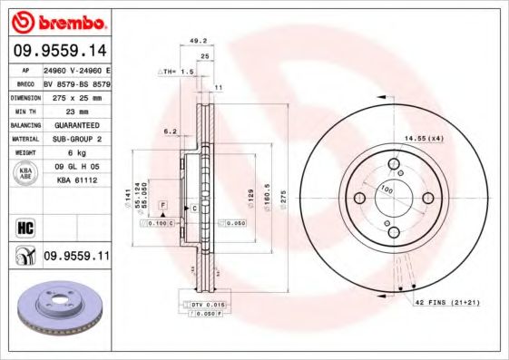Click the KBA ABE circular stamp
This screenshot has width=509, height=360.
[24, 173]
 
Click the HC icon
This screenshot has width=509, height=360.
[24, 225]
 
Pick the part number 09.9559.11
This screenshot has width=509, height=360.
[75, 258]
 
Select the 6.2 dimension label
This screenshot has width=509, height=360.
[170, 131]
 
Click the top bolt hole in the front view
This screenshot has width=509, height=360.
[395, 164]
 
